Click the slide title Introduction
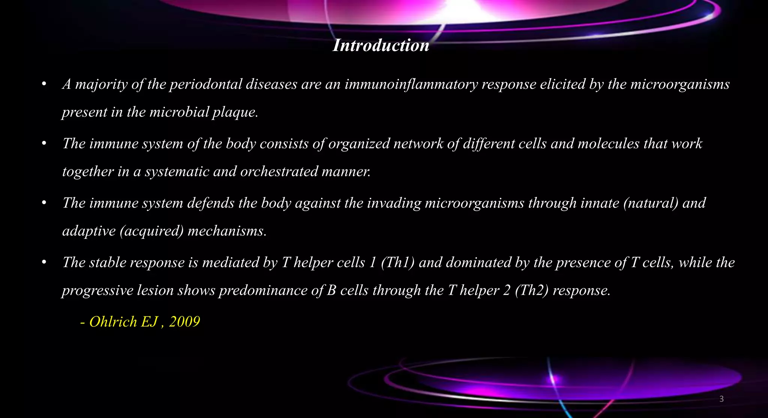tap(381, 45)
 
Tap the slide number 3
tap(721, 399)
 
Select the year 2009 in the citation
tap(184, 322)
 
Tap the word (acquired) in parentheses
tap(151, 231)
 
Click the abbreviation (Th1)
tap(397, 262)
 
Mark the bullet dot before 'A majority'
tap(44, 84)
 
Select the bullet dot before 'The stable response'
tap(44, 262)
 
